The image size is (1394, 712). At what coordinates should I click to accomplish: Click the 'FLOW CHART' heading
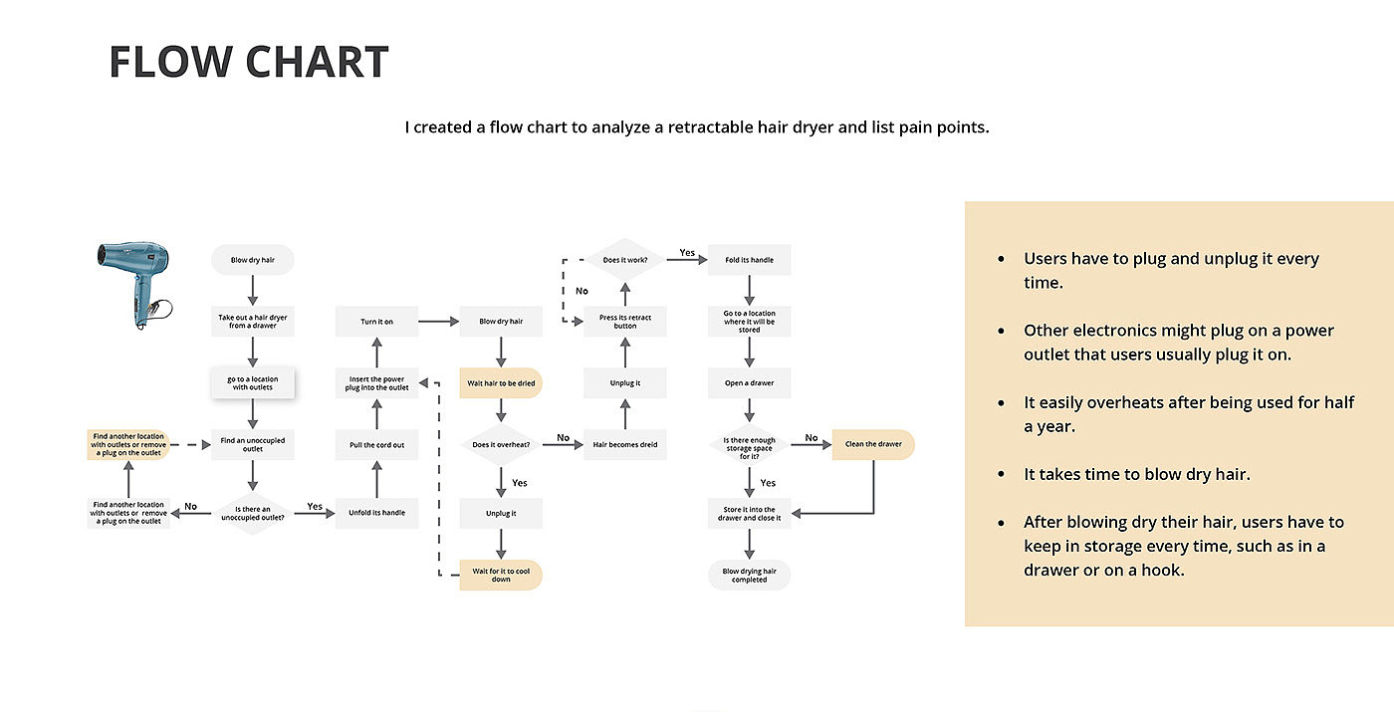coord(248,62)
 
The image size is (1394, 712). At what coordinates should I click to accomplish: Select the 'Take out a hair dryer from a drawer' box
coord(253,321)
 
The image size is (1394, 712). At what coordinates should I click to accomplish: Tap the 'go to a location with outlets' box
coord(253,383)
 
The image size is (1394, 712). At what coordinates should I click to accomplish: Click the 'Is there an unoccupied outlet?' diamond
coord(253,513)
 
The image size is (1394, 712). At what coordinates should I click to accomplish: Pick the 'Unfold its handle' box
coord(376,513)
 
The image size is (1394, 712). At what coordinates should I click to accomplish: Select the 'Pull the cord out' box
coord(376,445)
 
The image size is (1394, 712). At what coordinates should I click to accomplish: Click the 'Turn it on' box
coord(376,322)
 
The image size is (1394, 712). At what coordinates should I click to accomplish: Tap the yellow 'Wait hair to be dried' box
coord(501,383)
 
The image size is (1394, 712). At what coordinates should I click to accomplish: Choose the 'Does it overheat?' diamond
coord(501,444)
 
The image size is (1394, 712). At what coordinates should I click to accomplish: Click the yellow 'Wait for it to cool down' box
coord(501,575)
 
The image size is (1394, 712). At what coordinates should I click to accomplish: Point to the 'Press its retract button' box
coord(625,322)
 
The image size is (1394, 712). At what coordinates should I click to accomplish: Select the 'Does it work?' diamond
coord(625,260)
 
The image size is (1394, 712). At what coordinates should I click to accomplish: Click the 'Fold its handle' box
coord(750,260)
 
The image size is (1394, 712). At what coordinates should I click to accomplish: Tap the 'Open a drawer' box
coord(750,383)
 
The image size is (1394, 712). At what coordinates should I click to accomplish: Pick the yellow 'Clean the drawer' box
coord(873,444)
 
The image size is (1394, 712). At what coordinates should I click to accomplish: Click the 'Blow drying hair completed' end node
coord(750,575)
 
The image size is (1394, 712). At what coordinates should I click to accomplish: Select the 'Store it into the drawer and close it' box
coord(750,514)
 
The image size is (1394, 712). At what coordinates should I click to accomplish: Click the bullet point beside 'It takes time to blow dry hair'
coord(1002,475)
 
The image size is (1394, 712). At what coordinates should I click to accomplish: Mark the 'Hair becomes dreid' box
coord(625,445)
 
